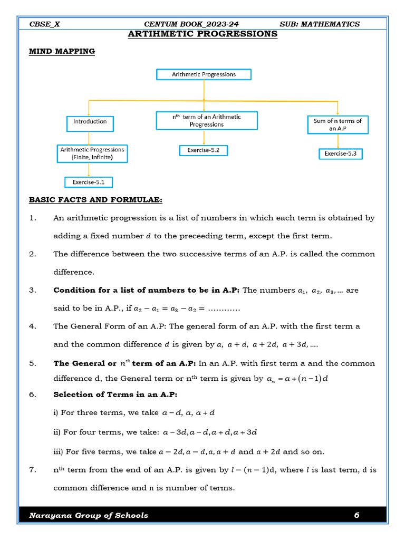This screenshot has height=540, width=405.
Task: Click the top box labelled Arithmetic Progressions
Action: (204, 74)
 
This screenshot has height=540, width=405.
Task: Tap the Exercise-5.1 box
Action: (89, 182)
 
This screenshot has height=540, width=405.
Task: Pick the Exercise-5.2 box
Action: (203, 150)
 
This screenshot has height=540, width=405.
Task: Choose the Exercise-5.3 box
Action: (341, 154)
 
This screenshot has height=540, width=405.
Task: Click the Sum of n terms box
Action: (337, 124)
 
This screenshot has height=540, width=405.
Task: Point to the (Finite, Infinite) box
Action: (92, 153)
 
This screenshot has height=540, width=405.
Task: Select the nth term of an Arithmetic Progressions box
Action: (207, 121)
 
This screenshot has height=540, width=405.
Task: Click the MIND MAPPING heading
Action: (62, 51)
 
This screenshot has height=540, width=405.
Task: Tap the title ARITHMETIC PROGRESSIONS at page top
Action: (203, 34)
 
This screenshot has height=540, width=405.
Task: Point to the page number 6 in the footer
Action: (356, 515)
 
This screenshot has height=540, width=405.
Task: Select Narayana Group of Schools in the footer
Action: (89, 515)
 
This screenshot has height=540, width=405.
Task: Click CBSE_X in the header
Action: (45, 24)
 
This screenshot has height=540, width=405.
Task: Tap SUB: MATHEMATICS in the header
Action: (320, 24)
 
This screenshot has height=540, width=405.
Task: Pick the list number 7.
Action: (33, 470)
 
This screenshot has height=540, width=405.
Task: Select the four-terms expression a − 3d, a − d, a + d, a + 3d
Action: (210, 432)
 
